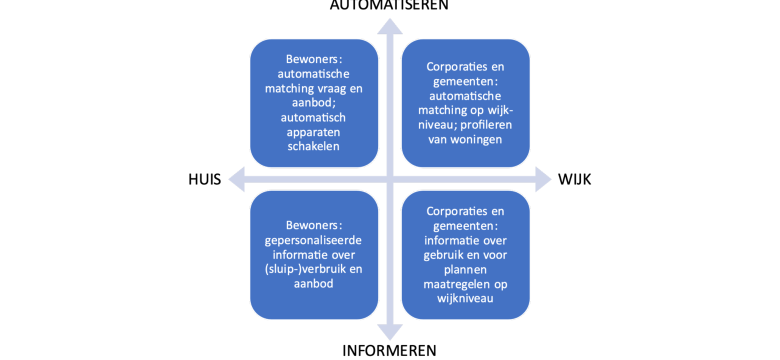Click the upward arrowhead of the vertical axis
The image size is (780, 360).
click(390, 26)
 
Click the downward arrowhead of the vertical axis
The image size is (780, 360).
click(390, 332)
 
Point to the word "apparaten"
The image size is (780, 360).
click(314, 133)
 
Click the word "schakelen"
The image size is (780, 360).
click(314, 147)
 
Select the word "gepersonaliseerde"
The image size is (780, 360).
click(314, 240)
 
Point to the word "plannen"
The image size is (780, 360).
click(465, 270)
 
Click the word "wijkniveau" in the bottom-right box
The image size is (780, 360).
click(465, 298)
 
